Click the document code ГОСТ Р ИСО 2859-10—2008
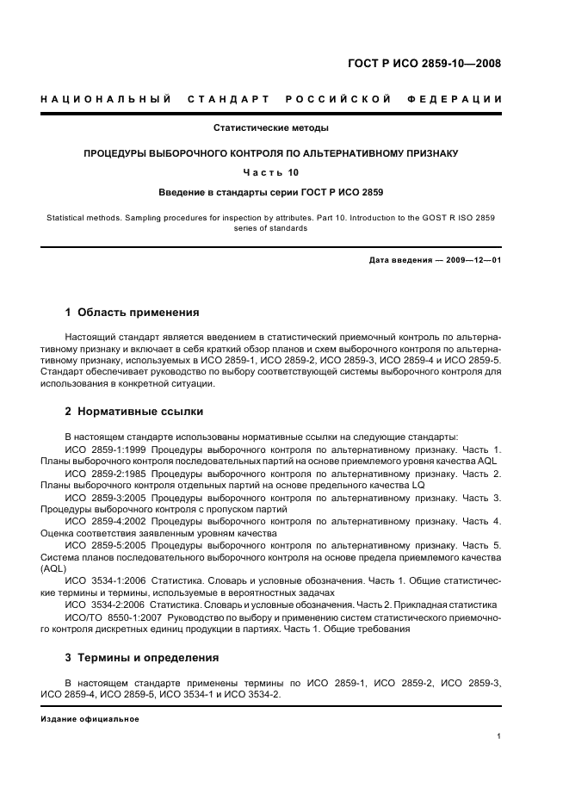(x=424, y=63)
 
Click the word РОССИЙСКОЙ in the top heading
(x=333, y=100)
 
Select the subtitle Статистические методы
(x=271, y=128)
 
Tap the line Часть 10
(x=271, y=172)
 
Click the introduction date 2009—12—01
(x=472, y=259)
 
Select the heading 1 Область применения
(x=133, y=313)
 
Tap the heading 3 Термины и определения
(x=142, y=658)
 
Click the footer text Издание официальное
(x=90, y=719)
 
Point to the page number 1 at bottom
(x=499, y=737)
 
